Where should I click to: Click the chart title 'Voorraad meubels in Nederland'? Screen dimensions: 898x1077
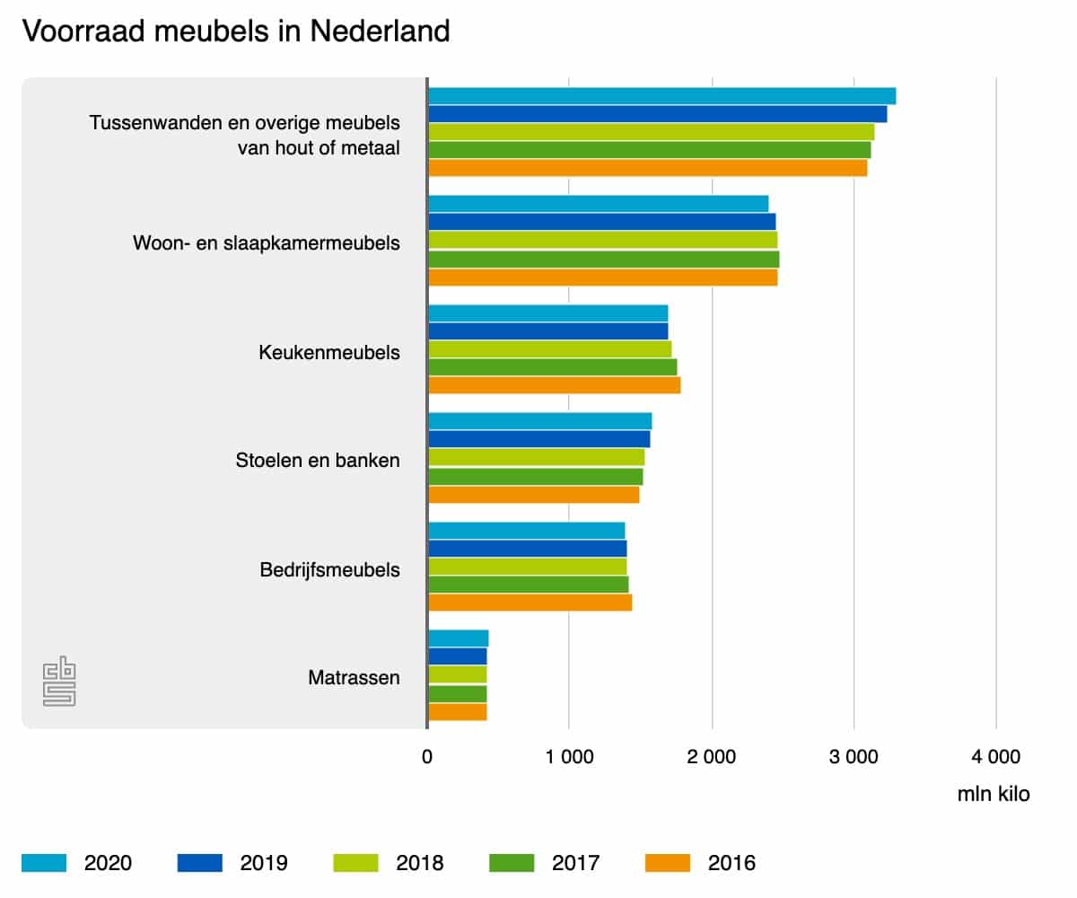(235, 31)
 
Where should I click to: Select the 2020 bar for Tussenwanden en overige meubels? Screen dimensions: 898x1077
(661, 96)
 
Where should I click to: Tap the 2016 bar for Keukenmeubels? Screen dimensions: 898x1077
(554, 385)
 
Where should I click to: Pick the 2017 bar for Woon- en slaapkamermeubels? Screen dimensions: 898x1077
(603, 260)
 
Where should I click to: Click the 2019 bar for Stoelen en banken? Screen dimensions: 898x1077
(538, 439)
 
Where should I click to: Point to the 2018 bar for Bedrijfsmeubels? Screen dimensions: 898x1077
(527, 567)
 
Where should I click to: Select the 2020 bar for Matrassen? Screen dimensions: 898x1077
(458, 638)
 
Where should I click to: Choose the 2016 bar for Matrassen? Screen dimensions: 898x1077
(457, 712)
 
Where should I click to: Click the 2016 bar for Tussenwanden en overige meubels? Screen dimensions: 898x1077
(647, 168)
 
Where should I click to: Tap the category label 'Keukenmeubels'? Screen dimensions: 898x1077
(328, 352)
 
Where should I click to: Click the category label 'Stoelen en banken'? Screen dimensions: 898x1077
(318, 461)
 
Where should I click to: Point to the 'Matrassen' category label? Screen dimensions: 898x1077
(354, 677)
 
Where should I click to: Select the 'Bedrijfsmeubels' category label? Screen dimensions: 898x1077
(329, 569)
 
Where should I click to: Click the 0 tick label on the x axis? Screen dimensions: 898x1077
(427, 757)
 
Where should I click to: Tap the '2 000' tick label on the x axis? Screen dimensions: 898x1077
(712, 757)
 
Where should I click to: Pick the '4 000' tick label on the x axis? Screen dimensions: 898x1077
(995, 757)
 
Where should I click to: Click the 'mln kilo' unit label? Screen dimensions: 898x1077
(994, 795)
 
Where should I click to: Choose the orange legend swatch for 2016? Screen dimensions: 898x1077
(668, 863)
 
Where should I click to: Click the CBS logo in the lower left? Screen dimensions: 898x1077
(59, 683)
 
